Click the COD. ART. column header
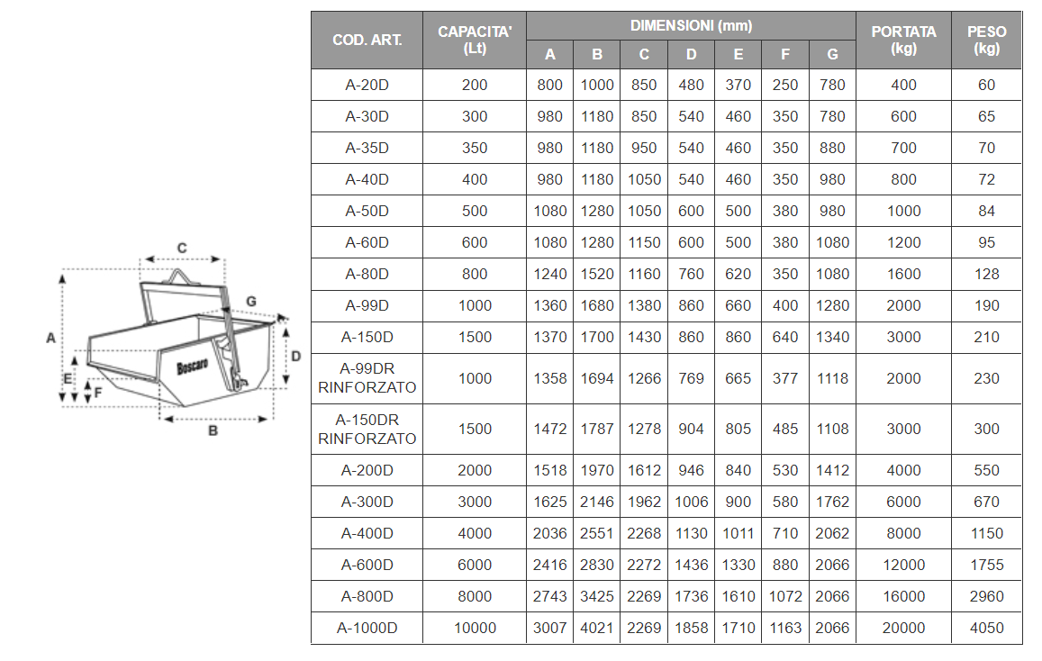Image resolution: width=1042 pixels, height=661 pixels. coord(367,40)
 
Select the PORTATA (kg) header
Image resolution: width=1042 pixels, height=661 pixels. coord(903,40)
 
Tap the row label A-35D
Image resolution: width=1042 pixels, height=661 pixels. coord(367,149)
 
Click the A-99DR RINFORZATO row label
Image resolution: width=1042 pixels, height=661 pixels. coord(367,378)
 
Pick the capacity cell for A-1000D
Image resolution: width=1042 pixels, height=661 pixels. coord(475,628)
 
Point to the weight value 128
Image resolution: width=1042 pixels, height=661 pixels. coord(986,275)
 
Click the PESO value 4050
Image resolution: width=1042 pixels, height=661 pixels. coord(986,628)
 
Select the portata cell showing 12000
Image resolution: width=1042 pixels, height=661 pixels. coord(903,566)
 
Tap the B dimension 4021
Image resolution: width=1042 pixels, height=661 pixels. coord(597,628)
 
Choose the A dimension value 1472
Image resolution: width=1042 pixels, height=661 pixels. coord(549,430)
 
